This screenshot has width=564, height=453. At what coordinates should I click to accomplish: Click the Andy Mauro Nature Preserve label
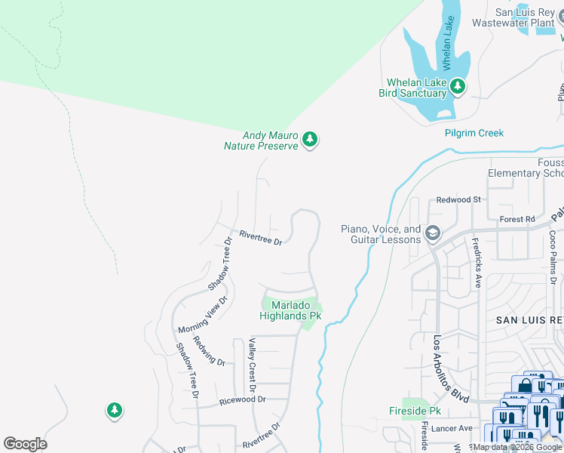click(x=261, y=140)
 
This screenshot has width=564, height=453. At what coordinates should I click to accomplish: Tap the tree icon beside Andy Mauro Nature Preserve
click(x=309, y=140)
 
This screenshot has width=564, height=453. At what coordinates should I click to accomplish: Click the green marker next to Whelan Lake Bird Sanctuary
click(x=457, y=88)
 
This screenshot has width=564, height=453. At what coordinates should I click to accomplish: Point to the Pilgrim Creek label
click(x=473, y=133)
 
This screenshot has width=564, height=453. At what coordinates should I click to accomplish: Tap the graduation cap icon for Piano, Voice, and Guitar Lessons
click(x=432, y=232)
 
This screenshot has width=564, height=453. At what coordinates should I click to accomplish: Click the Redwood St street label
click(x=458, y=200)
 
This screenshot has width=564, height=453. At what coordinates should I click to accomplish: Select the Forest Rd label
click(x=516, y=219)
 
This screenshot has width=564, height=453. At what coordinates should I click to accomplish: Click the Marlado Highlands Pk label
click(x=291, y=310)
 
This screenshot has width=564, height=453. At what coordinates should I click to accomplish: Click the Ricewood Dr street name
click(x=238, y=401)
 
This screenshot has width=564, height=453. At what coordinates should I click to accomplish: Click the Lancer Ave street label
click(x=455, y=428)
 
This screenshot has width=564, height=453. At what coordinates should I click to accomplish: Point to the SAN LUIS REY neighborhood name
click(x=529, y=320)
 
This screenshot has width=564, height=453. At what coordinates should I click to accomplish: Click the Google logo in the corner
click(x=25, y=444)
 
